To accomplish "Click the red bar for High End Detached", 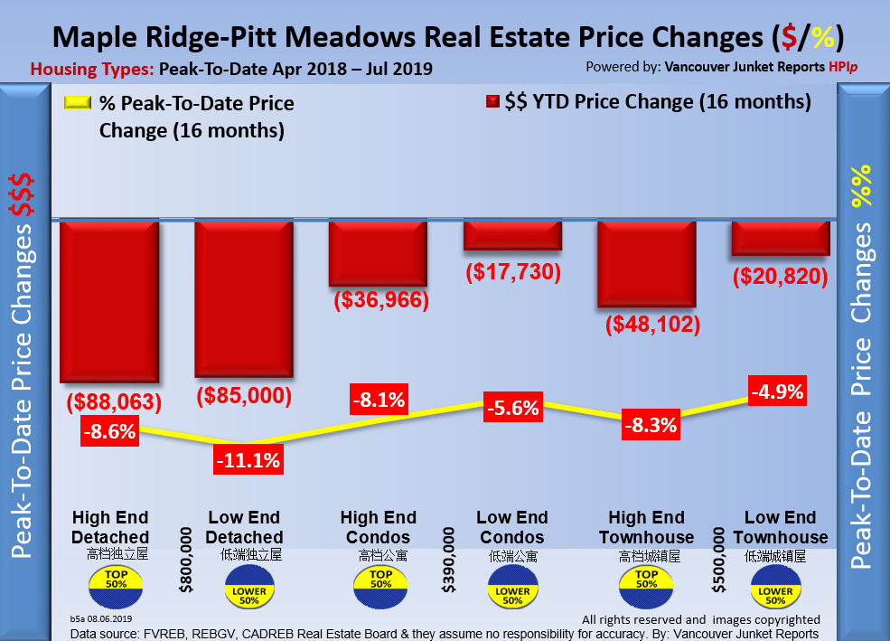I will coord(109,301).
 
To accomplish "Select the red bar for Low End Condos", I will coord(512,235).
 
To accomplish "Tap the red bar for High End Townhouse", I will coord(646,264).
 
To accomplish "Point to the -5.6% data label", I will coord(511,407).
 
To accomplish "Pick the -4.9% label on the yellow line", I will coord(776,391).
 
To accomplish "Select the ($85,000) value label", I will coord(244,394).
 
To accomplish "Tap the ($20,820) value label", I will coord(780,276).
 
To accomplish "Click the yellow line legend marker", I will coord(78,104).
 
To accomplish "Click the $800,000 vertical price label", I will coord(186,561).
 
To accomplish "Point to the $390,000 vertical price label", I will coord(449,561).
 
